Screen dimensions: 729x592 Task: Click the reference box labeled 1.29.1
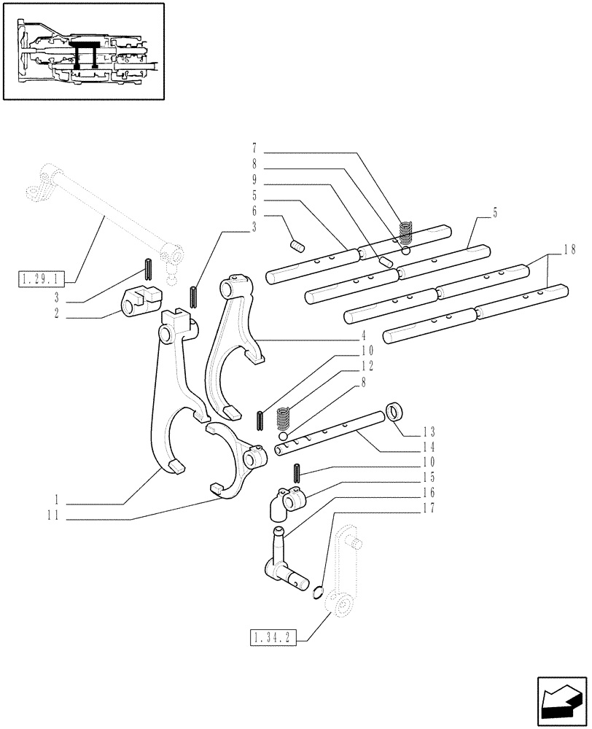point(44,278)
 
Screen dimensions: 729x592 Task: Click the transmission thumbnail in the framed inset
point(84,52)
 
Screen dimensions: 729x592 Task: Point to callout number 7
point(255,154)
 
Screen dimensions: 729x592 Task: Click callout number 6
point(255,216)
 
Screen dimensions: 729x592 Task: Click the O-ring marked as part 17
point(318,593)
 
